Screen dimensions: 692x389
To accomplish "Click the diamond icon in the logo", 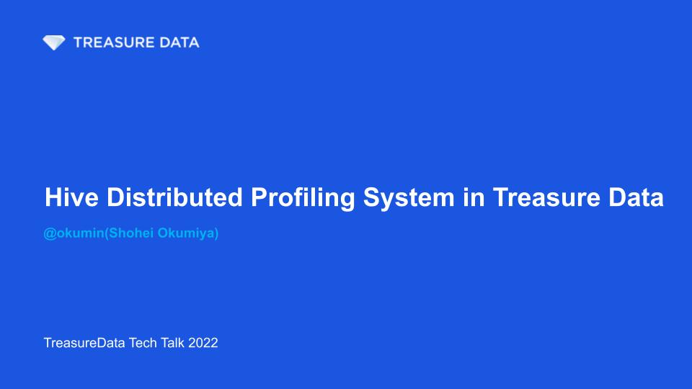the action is click(54, 43).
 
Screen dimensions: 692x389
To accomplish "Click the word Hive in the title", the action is click(71, 197).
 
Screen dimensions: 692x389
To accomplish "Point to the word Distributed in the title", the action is click(174, 197).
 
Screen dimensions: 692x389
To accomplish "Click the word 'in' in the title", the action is click(474, 197).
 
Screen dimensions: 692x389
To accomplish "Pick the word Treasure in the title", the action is click(546, 197).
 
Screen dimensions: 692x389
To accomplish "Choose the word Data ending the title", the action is click(636, 197).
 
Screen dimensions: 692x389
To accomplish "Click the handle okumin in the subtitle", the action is click(80, 233).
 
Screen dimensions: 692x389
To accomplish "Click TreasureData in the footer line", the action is click(84, 343).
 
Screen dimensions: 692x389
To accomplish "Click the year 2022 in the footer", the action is click(203, 343).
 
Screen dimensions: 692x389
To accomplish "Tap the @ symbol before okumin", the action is click(50, 233).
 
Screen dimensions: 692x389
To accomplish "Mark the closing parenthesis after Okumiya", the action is click(216, 233).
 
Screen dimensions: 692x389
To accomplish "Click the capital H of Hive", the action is click(53, 197).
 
